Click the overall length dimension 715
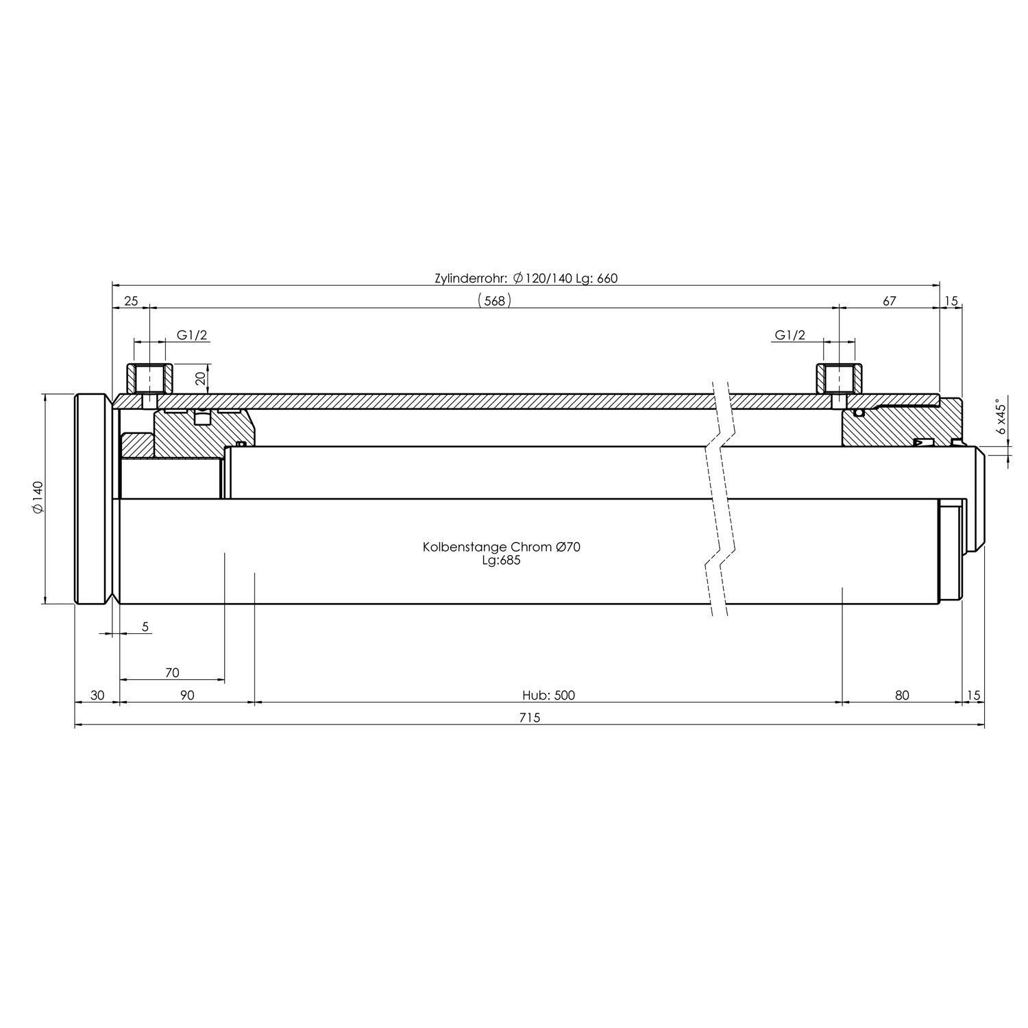[x=530, y=718]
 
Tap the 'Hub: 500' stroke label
[x=548, y=696]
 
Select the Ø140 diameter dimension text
[x=38, y=497]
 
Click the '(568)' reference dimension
[x=494, y=300]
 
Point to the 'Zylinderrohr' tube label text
[x=472, y=278]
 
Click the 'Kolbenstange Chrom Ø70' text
[x=502, y=547]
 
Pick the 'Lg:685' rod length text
[x=502, y=560]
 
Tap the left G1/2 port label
[x=192, y=335]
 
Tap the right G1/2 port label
[x=790, y=335]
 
